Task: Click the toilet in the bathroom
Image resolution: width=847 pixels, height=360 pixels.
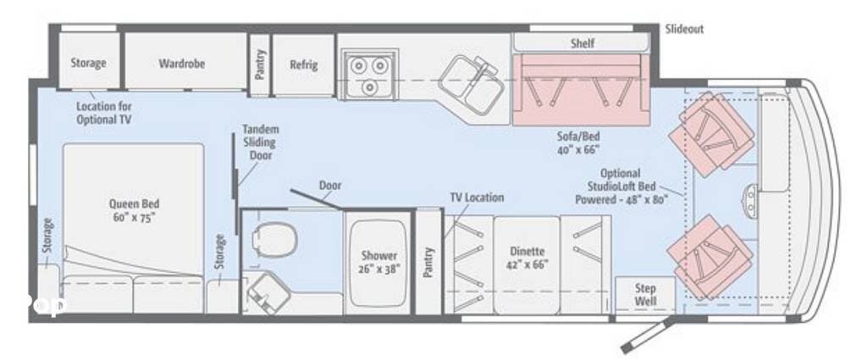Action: coord(275,240)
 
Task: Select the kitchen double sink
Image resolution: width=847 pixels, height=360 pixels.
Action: coord(468,84)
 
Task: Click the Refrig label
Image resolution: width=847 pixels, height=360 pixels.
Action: coord(303,64)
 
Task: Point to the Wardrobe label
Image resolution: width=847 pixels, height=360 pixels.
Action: coord(182,64)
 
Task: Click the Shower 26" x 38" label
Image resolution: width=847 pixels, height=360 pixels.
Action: coord(379,262)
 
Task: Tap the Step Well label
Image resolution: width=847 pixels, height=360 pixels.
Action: coord(645,295)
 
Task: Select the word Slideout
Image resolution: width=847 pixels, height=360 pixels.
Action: coord(684,29)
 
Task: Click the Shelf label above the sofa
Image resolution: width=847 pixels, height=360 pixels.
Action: coord(583,43)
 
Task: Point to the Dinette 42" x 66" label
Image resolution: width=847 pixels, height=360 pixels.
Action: coord(527,258)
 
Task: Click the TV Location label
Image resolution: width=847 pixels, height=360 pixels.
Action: coord(477,198)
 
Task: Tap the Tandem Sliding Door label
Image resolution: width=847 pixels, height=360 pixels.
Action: coord(260,142)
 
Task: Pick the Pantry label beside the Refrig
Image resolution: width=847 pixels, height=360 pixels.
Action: coord(260,64)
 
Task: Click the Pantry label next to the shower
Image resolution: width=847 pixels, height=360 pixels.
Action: coord(429,263)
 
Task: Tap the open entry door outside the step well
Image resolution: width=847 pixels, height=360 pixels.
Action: coord(648,335)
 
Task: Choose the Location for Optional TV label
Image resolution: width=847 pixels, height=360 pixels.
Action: coord(103,113)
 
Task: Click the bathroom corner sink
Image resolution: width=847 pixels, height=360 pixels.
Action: coord(268,292)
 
